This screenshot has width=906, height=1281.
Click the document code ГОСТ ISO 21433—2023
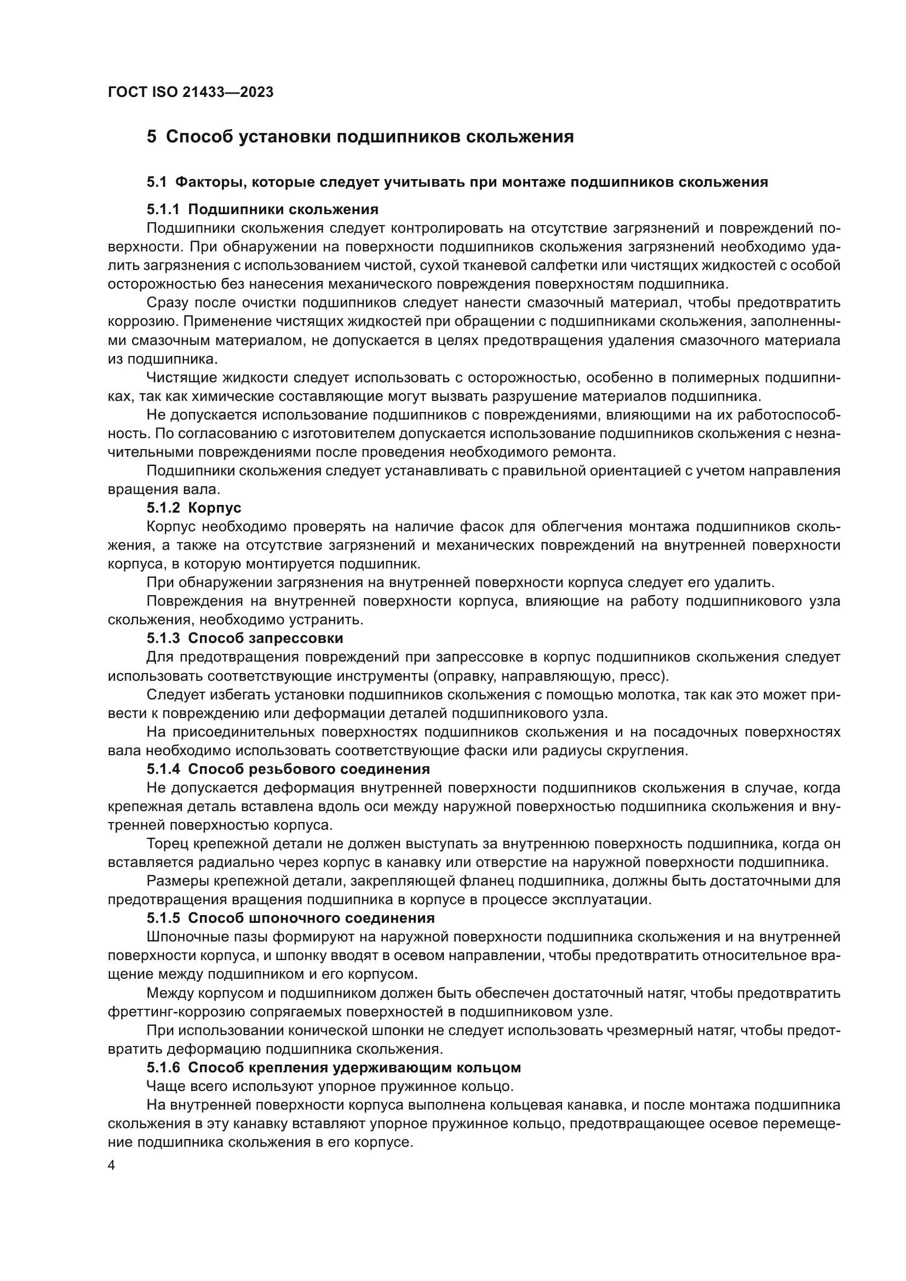(190, 92)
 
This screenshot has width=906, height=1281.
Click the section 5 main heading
(360, 137)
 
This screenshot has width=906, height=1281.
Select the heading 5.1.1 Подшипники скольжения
(263, 209)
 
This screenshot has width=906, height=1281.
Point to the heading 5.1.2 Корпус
(194, 508)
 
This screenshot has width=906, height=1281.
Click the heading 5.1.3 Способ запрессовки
(245, 637)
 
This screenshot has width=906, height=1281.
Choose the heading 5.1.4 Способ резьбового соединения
(289, 769)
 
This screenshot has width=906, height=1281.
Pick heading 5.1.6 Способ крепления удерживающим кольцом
(334, 1067)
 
